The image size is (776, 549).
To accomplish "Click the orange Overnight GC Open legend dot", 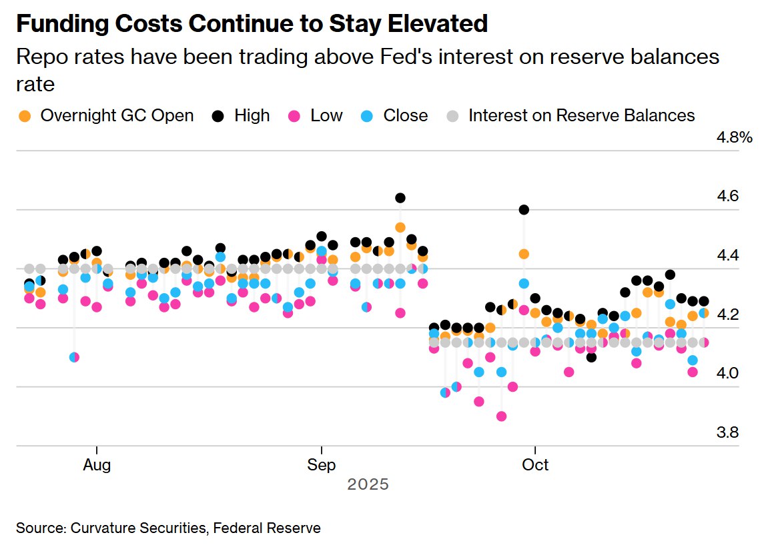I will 25,116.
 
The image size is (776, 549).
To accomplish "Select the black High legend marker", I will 218,116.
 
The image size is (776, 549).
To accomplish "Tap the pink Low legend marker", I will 294,116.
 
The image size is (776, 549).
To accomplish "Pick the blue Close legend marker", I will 367,116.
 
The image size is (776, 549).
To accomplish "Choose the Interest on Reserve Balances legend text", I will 581,116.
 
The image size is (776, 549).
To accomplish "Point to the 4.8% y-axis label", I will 735,138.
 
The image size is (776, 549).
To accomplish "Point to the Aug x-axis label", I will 97,464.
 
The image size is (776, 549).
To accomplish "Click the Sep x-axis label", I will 322,464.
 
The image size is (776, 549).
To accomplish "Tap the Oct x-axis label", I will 535,464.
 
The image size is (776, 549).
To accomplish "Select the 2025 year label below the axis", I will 368,485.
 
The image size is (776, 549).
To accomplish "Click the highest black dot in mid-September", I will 400,198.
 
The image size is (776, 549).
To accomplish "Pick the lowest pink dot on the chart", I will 501,416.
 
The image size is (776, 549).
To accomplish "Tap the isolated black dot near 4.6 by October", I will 524,210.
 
